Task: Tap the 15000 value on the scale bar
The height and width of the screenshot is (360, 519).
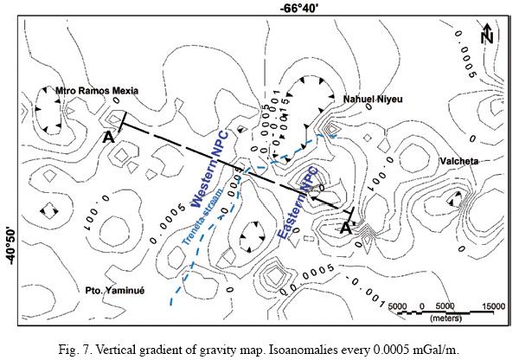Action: coord(493,306)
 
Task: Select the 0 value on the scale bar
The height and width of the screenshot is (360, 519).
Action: coord(421,306)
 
